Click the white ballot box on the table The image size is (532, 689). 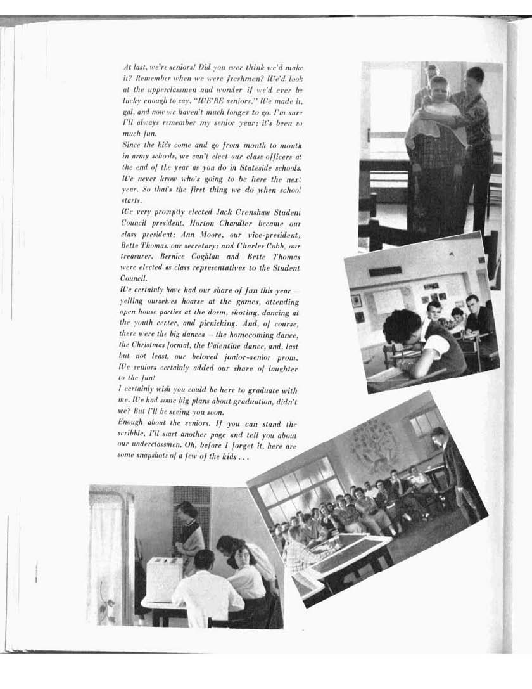(x=164, y=579)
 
